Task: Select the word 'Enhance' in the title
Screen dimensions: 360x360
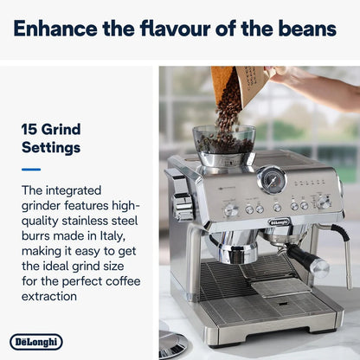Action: coord(55,29)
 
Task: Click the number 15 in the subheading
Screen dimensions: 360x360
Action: coord(30,131)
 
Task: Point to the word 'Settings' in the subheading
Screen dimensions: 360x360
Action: coord(50,148)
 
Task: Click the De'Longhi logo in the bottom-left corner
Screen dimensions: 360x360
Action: coord(35,343)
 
